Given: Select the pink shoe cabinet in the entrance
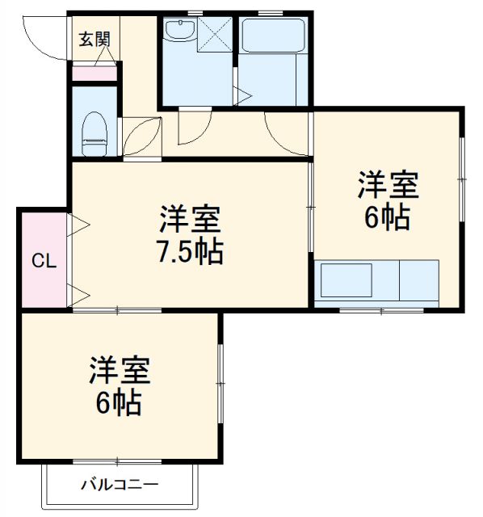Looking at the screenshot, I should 94,74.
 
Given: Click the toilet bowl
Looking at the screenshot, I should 94,134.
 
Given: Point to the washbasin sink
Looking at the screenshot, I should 178,32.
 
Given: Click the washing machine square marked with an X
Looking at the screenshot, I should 216,35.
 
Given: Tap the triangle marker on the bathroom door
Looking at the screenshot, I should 241,96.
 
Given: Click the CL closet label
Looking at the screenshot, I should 43,260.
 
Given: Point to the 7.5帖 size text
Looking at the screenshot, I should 189,253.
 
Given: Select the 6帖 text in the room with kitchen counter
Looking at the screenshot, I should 387,218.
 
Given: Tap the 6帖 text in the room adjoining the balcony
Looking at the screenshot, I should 119,401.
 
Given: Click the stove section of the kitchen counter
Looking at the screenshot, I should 418,280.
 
